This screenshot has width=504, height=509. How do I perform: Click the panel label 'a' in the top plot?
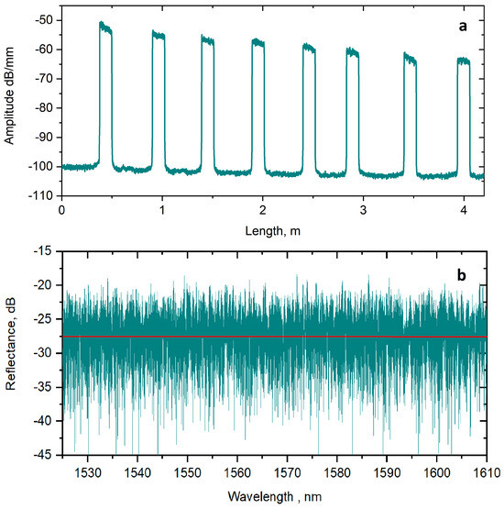[463, 28]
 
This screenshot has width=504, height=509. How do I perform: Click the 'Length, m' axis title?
[272, 232]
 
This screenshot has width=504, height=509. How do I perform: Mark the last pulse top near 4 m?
[463, 62]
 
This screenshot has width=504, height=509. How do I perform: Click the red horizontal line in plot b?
[275, 336]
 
